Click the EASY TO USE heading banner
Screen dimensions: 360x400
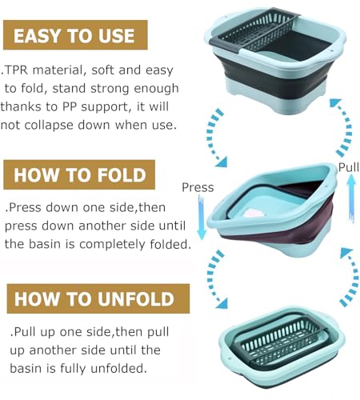(x=75, y=34)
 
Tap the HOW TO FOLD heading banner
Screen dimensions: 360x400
(x=79, y=174)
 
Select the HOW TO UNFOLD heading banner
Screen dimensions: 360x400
(x=98, y=298)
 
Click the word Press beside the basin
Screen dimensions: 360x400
(x=198, y=187)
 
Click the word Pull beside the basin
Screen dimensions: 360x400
(x=349, y=167)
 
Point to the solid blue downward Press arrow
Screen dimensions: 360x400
(x=202, y=218)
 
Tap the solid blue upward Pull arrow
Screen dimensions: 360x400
(x=352, y=198)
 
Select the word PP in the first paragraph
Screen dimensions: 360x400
(x=70, y=106)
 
